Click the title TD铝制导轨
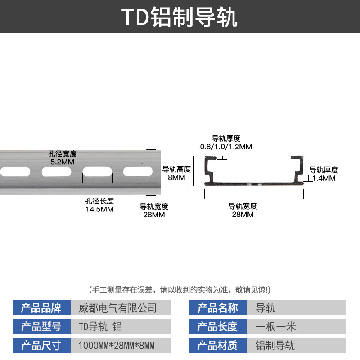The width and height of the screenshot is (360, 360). click(x=180, y=17)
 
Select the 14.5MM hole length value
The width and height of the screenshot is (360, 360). click(x=99, y=209)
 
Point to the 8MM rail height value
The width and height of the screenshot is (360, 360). click(x=176, y=177)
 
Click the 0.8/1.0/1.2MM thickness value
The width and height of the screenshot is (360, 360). click(x=226, y=147)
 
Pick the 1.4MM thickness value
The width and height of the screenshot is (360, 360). click(x=324, y=178)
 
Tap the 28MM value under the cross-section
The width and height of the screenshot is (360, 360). click(x=243, y=215)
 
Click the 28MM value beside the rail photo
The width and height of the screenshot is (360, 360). click(x=154, y=215)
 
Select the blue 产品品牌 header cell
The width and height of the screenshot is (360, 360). click(x=41, y=308)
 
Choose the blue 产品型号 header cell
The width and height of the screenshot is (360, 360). click(x=41, y=327)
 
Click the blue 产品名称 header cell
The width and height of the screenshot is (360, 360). click(x=218, y=308)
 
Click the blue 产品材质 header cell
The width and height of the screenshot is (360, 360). click(x=218, y=346)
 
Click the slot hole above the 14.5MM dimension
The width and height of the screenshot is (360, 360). click(x=97, y=171)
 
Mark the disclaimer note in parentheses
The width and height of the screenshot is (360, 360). click(x=180, y=289)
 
